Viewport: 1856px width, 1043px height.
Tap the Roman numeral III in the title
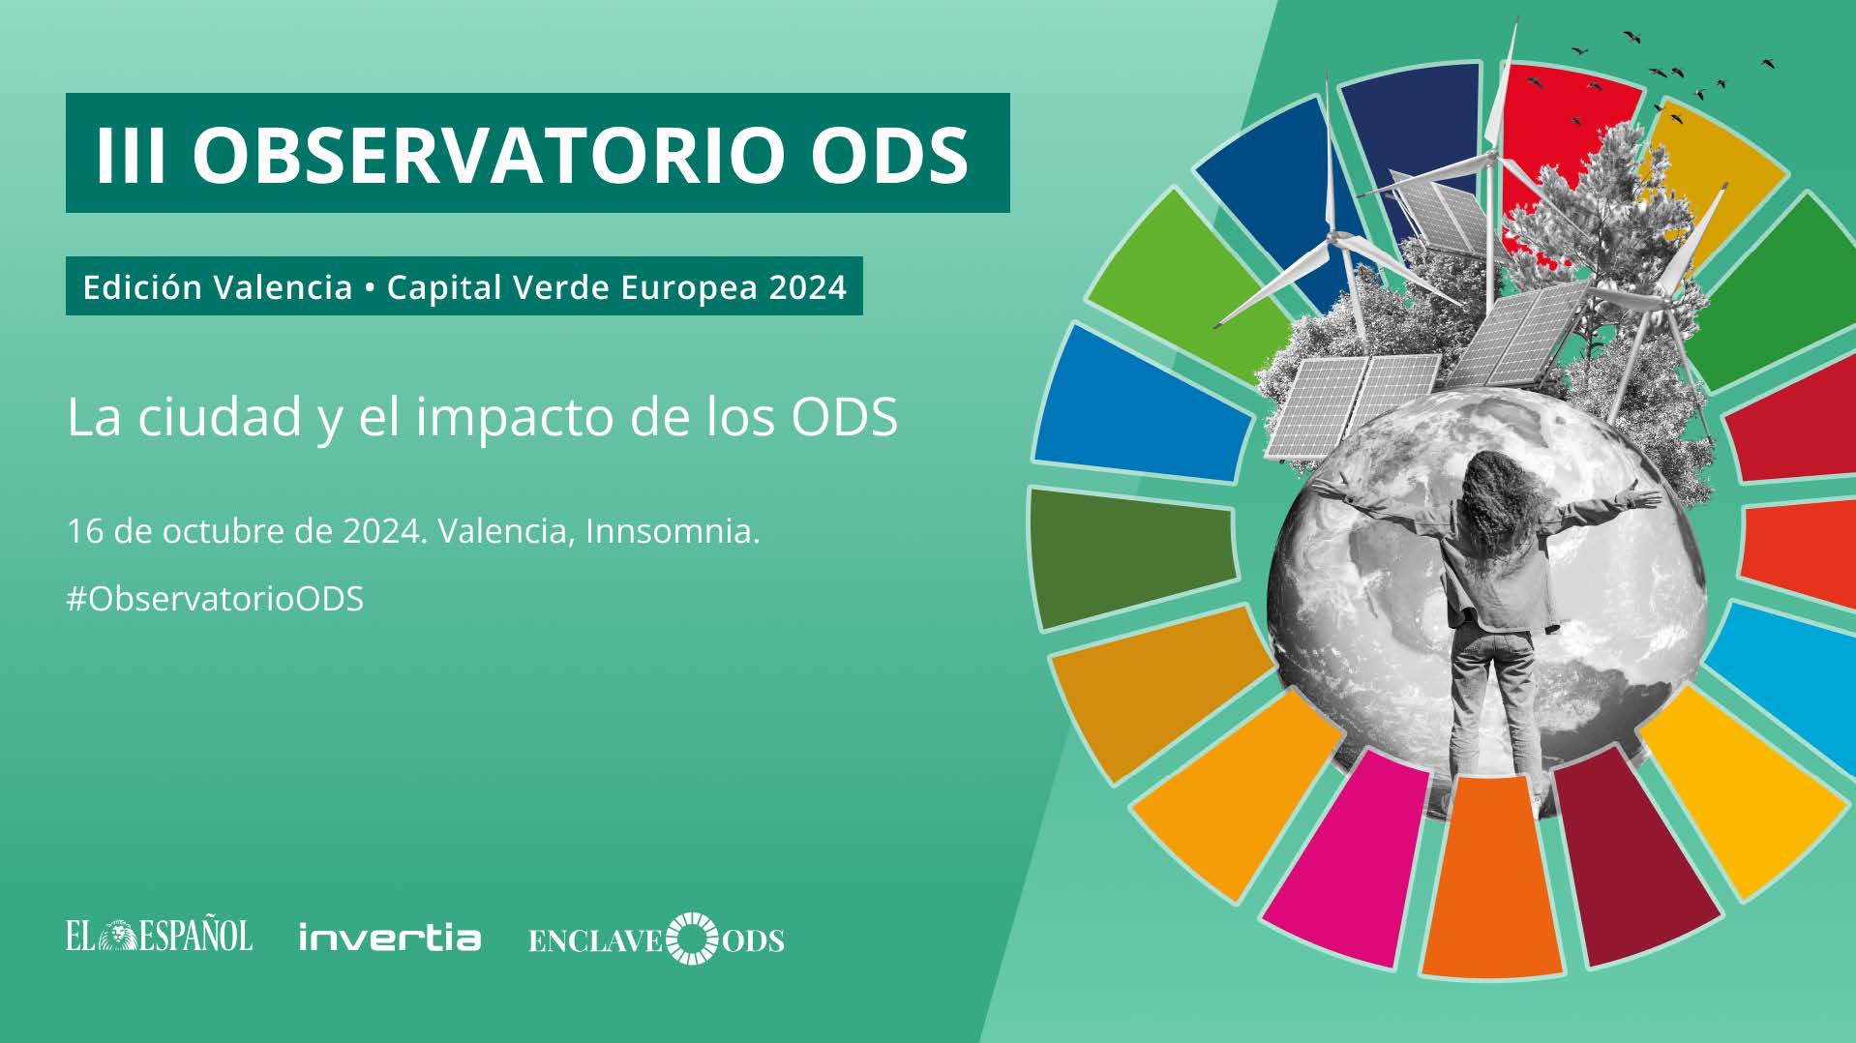tap(131, 154)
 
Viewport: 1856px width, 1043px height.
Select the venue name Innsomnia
tap(673, 531)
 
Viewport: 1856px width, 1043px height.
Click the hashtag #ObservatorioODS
tap(215, 599)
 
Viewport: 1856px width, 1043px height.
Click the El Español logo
tap(160, 937)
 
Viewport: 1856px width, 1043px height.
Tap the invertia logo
tap(390, 938)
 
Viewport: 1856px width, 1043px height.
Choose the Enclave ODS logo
tap(656, 939)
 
